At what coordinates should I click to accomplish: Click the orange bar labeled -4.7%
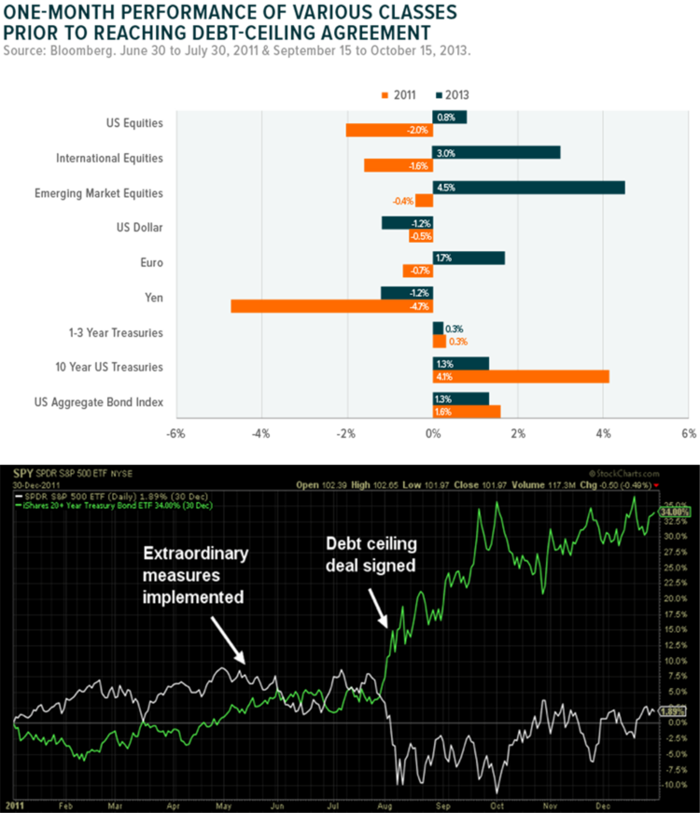tap(331, 306)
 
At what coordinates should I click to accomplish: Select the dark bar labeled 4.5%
tap(528, 188)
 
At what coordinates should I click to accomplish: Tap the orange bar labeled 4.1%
tap(521, 376)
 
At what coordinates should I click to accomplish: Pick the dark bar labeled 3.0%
tap(497, 152)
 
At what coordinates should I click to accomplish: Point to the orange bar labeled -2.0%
tap(388, 131)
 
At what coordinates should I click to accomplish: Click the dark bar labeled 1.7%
tap(469, 258)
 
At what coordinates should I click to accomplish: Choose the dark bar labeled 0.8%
tap(450, 117)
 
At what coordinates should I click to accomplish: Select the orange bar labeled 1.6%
tap(467, 411)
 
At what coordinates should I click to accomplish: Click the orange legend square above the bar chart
tap(384, 94)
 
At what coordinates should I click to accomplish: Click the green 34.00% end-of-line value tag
tap(674, 512)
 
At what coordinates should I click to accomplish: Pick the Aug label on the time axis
tap(385, 803)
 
